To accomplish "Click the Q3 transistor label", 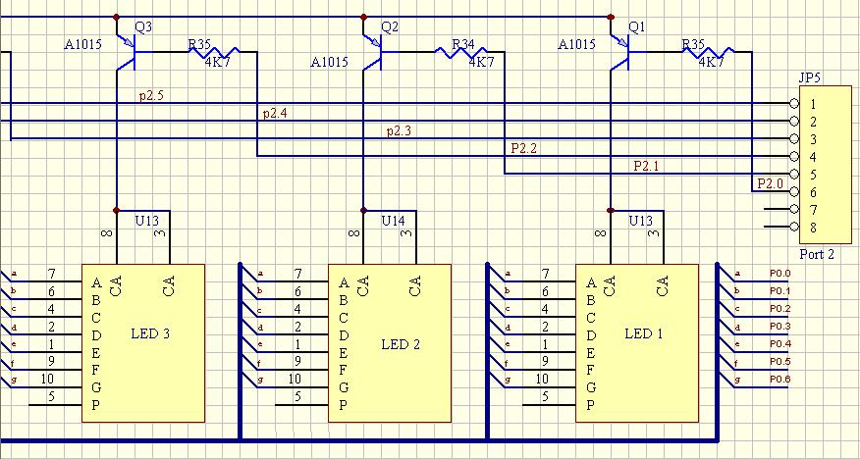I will pos(142,27).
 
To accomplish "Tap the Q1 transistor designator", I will pos(637,26).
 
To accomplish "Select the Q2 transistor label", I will pos(390,27).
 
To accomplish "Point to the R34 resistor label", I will pos(462,45).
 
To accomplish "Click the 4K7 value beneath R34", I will pos(481,62).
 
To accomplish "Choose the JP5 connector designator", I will pos(810,78).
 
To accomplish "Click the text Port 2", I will pos(818,254).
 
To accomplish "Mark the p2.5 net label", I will pos(151,95).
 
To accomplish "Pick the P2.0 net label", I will pos(770,183).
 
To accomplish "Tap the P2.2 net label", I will pos(523,148).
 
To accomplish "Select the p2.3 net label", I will pos(399,130).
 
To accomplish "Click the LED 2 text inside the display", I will pos(401,344).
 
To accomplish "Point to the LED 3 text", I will pos(150,334).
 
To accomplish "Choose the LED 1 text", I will pos(644,334).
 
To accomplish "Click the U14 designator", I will pos(393,221).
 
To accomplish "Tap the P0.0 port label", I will pos(779,274).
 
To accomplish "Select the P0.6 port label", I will pos(779,380).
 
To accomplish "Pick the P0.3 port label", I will pos(779,327).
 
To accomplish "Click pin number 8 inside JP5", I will pos(813,228).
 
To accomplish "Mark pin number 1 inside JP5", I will pos(813,104).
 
